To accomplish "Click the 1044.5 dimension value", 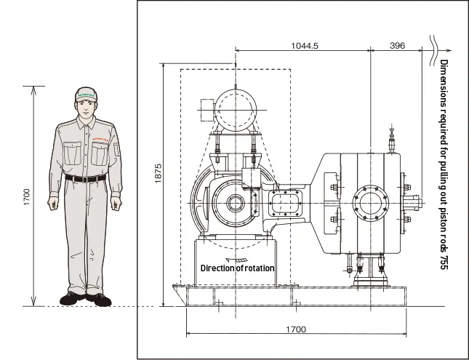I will click(304, 45).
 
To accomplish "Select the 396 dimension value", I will click(397, 45).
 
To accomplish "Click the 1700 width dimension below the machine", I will click(295, 329).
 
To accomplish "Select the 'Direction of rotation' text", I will click(238, 268).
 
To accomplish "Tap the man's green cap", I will click(87, 95).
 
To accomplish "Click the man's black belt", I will click(86, 177).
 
